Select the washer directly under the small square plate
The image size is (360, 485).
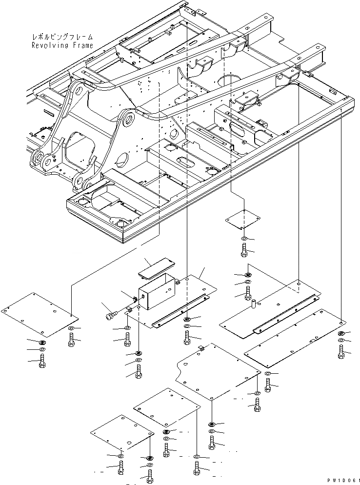[x=244, y=239]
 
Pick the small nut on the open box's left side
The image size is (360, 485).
[x=136, y=298]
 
